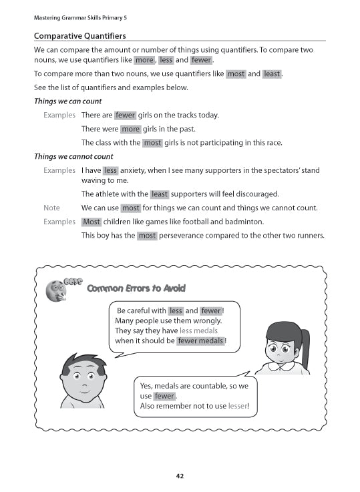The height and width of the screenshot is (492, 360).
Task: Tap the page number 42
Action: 180,476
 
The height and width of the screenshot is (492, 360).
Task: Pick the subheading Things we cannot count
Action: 73,157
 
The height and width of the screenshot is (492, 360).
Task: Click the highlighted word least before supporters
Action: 160,194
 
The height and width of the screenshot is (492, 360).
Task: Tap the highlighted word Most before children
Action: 92,222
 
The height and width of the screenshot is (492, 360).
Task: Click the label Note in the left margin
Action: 51,208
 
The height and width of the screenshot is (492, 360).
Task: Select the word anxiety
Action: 136,170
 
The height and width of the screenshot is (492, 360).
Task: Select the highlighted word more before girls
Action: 130,129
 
